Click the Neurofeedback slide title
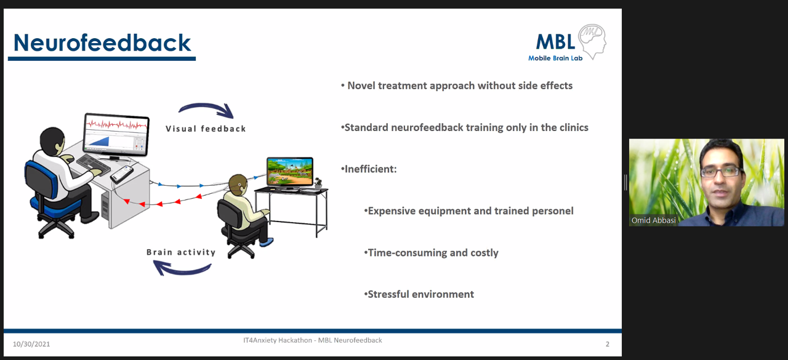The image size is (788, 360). click(x=102, y=43)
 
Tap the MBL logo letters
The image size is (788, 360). click(x=555, y=42)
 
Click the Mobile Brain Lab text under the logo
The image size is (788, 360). click(x=555, y=58)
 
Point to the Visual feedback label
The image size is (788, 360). click(x=206, y=129)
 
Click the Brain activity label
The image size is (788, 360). click(x=181, y=252)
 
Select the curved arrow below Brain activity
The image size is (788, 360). click(x=182, y=268)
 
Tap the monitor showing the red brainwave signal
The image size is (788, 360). click(x=116, y=134)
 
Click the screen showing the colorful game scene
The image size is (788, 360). click(x=290, y=171)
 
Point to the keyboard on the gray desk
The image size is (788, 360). click(x=94, y=164)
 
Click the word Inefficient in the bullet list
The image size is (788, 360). click(x=371, y=169)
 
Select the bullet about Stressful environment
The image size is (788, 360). click(x=419, y=294)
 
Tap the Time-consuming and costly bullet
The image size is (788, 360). click(x=431, y=253)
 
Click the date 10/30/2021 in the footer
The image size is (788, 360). click(x=31, y=344)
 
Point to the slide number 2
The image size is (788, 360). click(x=608, y=344)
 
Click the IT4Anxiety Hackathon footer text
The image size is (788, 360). click(x=312, y=340)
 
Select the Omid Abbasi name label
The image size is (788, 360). click(x=653, y=220)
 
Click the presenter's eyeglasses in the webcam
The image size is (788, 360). click(x=721, y=172)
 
